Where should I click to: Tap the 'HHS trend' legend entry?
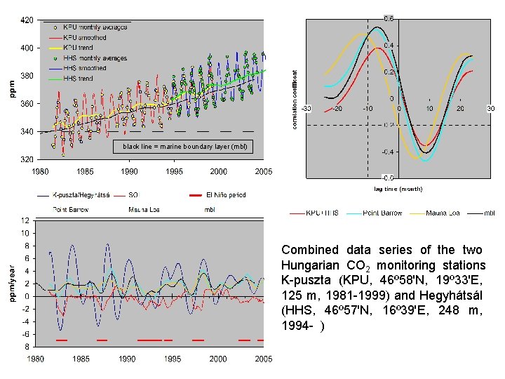pos(78,79)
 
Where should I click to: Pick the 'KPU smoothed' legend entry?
pos(85,37)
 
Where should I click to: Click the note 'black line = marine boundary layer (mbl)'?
pos(184,146)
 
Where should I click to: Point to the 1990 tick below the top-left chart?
pos(129,171)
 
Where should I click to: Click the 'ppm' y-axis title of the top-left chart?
pos(12,89)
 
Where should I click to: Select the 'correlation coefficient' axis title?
pos(295,98)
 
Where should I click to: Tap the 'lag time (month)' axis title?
pos(398,189)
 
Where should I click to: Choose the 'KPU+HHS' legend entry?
pos(323,213)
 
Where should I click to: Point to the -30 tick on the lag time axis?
pos(307,108)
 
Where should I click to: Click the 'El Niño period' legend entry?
pos(225,195)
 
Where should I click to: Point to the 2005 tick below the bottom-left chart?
pos(264,359)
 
